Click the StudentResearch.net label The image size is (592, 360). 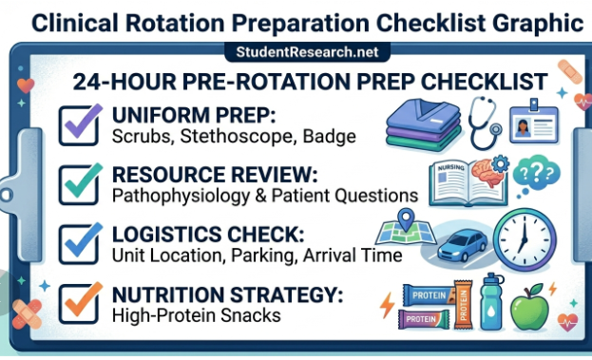click(296, 53)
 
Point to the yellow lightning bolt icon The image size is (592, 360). click(386, 306)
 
